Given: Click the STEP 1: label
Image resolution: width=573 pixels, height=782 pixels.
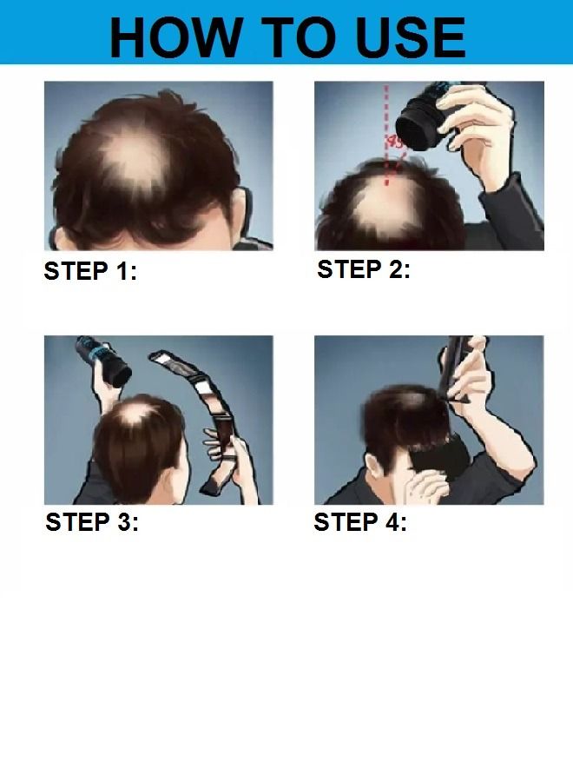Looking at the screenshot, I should point(90,272).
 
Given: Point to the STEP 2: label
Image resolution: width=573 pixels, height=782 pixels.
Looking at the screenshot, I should point(364,270).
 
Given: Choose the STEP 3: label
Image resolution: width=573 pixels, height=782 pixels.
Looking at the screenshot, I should point(92,523).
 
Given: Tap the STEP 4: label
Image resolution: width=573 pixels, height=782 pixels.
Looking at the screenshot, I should point(360,523).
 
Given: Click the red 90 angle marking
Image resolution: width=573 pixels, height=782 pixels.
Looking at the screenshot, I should point(395,142).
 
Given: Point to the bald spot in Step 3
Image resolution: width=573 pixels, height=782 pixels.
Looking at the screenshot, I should point(132,415).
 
